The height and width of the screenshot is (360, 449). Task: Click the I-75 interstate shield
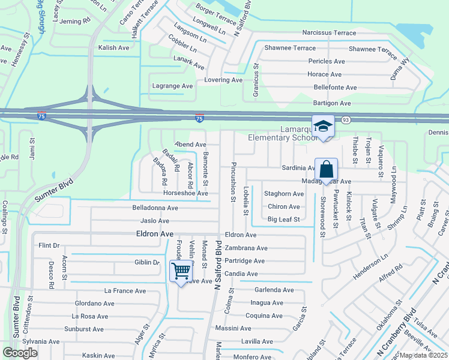tap(199, 119)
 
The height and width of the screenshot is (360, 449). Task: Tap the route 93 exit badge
tap(346, 120)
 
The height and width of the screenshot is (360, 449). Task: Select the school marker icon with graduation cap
tap(323, 126)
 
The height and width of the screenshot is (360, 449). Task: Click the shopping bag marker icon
tap(326, 169)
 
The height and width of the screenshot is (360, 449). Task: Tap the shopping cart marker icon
tap(181, 271)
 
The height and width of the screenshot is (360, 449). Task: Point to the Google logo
tap(20, 353)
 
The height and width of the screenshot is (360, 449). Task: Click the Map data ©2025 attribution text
tap(423, 355)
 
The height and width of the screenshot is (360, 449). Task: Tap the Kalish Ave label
tap(114, 47)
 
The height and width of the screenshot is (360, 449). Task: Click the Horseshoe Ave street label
tap(185, 193)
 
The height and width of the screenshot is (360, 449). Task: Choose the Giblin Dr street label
tap(147, 262)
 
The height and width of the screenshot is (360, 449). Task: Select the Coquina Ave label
tap(264, 316)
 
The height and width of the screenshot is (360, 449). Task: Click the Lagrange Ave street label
tap(172, 86)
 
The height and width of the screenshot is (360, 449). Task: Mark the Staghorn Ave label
tap(284, 194)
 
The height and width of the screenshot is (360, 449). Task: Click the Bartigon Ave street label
tap(333, 103)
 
